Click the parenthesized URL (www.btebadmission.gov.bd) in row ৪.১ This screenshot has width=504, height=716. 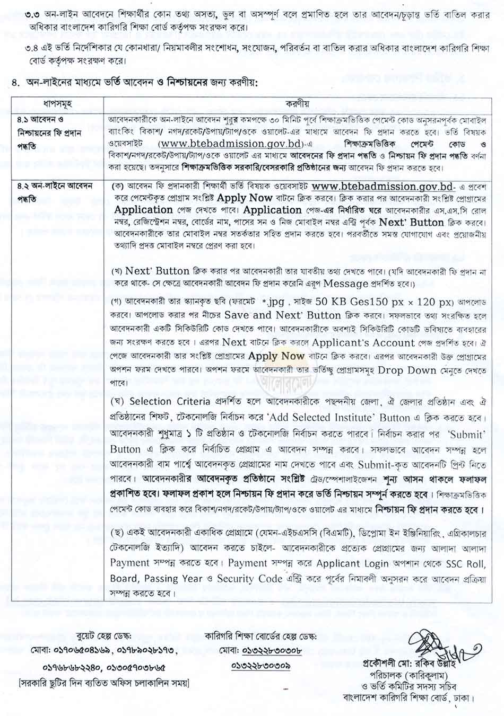pyautogui.click(x=231, y=144)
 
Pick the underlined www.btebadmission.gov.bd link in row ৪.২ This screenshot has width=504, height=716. pyautogui.click(x=383, y=187)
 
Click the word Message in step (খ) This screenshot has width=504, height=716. pyautogui.click(x=345, y=283)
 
